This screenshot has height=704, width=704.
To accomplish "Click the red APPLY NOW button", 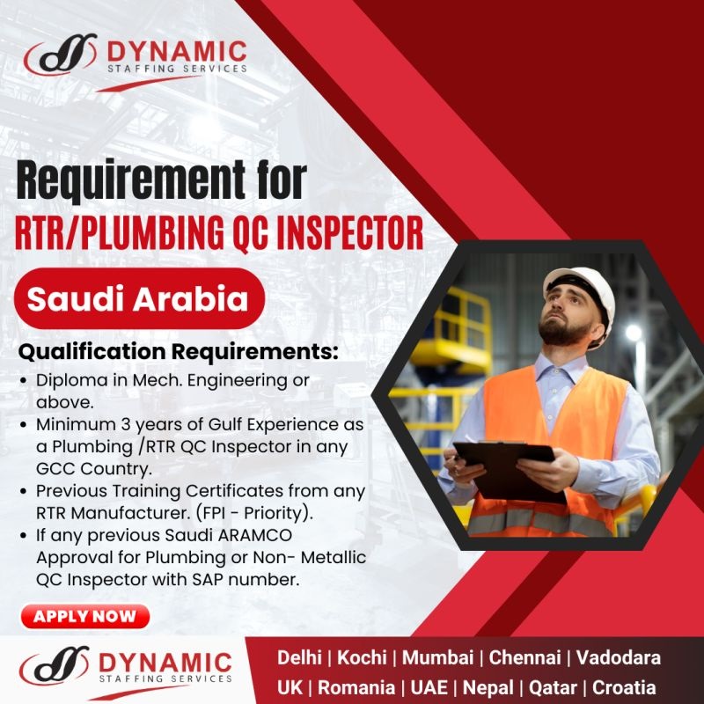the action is click(x=84, y=616).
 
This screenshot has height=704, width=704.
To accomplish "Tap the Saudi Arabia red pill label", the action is click(x=139, y=298).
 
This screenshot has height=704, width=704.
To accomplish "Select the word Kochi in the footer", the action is click(x=362, y=657).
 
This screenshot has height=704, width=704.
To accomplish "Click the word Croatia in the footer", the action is click(x=624, y=687).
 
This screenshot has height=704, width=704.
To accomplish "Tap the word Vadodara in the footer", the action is click(x=619, y=657).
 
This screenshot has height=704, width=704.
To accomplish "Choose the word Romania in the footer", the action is click(x=356, y=687).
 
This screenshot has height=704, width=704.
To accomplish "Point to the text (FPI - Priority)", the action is click(x=254, y=513).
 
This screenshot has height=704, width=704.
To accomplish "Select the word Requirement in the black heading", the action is click(x=131, y=180).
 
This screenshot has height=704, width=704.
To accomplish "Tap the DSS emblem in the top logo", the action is click(x=61, y=55).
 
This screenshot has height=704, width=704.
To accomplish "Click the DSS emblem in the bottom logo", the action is click(x=55, y=665).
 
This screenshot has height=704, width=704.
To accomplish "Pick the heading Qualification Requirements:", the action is click(x=179, y=351).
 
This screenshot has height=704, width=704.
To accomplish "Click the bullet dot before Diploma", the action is click(x=24, y=381).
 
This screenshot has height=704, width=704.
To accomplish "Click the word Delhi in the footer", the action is click(x=299, y=657).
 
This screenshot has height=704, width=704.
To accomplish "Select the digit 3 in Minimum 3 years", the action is click(x=125, y=424).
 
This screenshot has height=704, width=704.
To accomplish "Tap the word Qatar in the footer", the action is click(x=553, y=687).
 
